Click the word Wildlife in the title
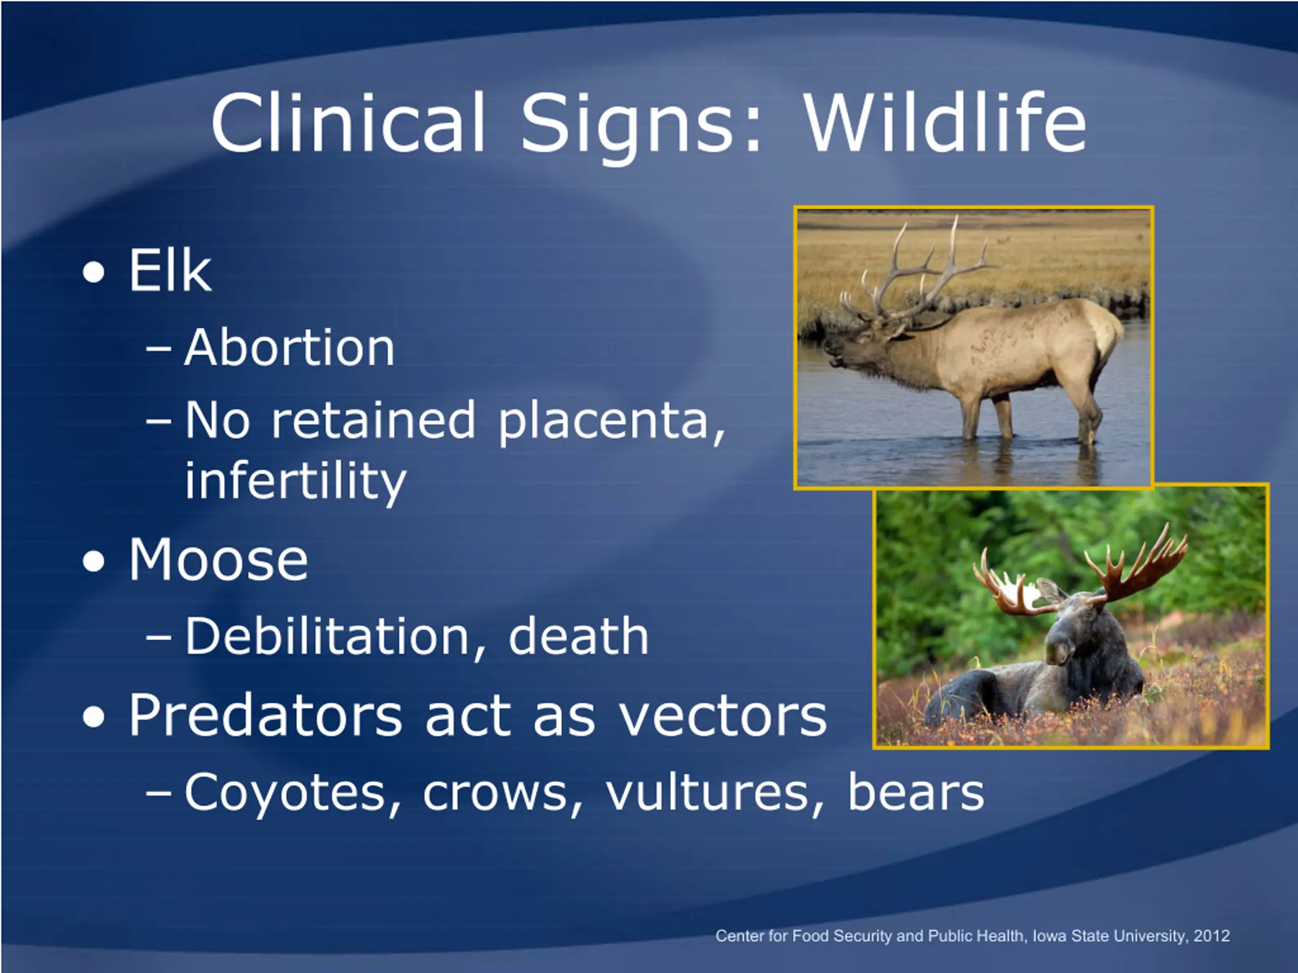[945, 123]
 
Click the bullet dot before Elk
[94, 273]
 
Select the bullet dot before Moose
[94, 562]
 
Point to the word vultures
[713, 793]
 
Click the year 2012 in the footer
[1211, 935]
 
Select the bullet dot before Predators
[94, 717]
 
